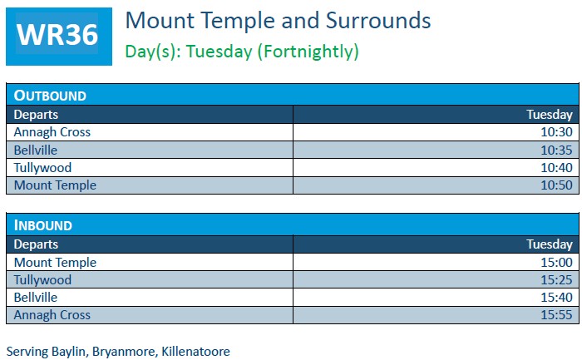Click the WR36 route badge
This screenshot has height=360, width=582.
[59, 37]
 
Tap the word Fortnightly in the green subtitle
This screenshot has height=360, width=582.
[308, 52]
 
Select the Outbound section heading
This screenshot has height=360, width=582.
[50, 96]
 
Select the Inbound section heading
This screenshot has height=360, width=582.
[43, 225]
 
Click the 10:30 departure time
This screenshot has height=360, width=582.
[556, 132]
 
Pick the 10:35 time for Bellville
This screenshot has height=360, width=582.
[556, 150]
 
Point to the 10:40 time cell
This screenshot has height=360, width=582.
[556, 168]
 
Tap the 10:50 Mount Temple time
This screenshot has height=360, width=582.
[556, 185]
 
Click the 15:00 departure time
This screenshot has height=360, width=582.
[556, 263]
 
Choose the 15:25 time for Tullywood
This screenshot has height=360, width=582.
[556, 280]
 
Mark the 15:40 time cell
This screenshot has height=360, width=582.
[556, 298]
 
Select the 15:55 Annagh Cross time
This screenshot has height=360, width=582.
[556, 315]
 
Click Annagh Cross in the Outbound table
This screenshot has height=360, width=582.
[52, 132]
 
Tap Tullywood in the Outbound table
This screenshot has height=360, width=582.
[42, 168]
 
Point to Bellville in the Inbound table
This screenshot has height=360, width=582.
[36, 298]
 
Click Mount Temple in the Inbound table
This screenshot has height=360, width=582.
[55, 263]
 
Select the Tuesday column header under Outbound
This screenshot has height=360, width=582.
[550, 115]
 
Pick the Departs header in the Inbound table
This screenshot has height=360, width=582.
[36, 244]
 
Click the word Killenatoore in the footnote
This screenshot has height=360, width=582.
[195, 351]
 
